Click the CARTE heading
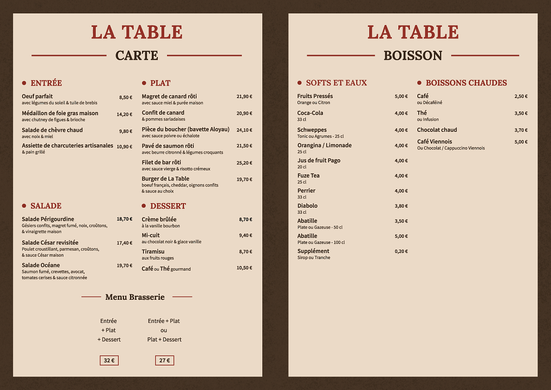point(136,56)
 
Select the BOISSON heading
point(413,56)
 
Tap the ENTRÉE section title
point(46,83)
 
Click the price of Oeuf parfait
point(125,98)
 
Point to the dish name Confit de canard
point(163,113)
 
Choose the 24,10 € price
point(244,130)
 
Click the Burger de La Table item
point(165,179)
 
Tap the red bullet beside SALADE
point(24,206)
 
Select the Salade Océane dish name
point(41,266)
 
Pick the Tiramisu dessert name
point(153,252)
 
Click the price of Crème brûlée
point(246,220)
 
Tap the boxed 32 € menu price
point(109,361)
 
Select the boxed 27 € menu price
point(164,361)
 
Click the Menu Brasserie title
point(135,297)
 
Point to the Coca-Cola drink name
point(310,113)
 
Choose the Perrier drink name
point(306,191)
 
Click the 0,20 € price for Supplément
point(401,252)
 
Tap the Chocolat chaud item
point(437,130)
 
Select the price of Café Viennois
point(521,142)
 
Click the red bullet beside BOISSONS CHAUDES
point(419,83)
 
